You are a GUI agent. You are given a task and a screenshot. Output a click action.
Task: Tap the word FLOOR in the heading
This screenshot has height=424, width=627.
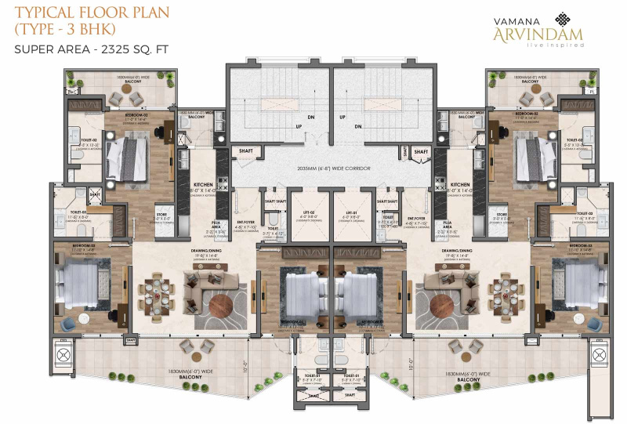[86, 13]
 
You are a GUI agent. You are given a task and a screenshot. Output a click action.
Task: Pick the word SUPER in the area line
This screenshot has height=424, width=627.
[33, 49]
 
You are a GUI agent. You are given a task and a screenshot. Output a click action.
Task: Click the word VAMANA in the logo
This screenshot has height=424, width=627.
[520, 20]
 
